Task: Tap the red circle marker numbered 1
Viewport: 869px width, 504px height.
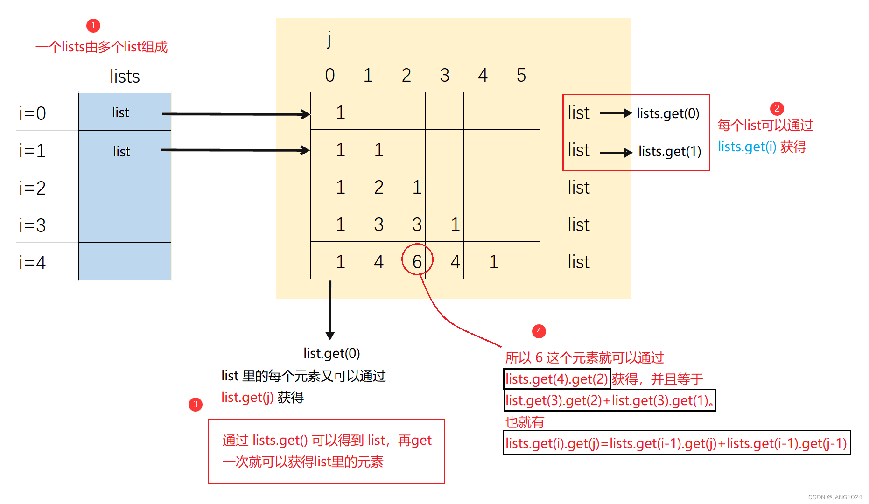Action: (x=93, y=25)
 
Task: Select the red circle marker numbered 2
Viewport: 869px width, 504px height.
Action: (x=777, y=109)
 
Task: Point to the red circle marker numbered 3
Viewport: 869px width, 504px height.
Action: (x=196, y=404)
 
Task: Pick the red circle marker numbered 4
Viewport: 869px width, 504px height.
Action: (x=539, y=331)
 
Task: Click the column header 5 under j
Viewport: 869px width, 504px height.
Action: (x=521, y=75)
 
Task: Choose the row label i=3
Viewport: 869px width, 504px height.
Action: (x=32, y=225)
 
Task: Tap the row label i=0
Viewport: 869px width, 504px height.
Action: (x=32, y=113)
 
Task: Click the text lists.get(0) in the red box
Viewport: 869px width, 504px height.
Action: (x=668, y=113)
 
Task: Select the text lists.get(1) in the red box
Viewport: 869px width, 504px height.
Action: (x=670, y=151)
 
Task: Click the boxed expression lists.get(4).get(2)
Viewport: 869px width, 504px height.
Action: (x=557, y=379)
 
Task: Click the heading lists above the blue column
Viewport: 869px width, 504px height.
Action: (x=125, y=76)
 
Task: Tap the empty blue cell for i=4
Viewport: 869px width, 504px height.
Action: (x=125, y=261)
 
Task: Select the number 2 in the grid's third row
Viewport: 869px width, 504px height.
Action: (x=378, y=187)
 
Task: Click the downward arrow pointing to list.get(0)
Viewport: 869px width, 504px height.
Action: (x=330, y=310)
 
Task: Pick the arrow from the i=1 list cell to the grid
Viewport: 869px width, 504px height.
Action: (x=236, y=150)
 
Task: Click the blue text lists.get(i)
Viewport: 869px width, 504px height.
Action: (x=747, y=147)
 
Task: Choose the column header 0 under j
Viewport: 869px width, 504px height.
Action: (x=330, y=75)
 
